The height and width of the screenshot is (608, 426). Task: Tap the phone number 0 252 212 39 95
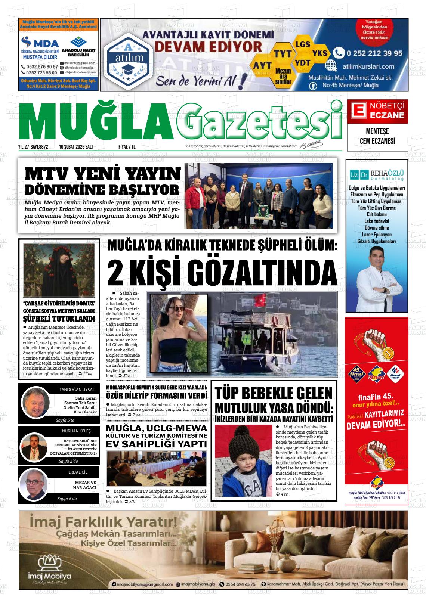374,53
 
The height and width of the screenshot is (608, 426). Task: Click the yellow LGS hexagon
302,44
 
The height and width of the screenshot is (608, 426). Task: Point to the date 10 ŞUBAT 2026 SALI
76,147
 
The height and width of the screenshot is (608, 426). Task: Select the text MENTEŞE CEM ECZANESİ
377,136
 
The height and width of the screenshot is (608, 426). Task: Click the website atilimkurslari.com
368,66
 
